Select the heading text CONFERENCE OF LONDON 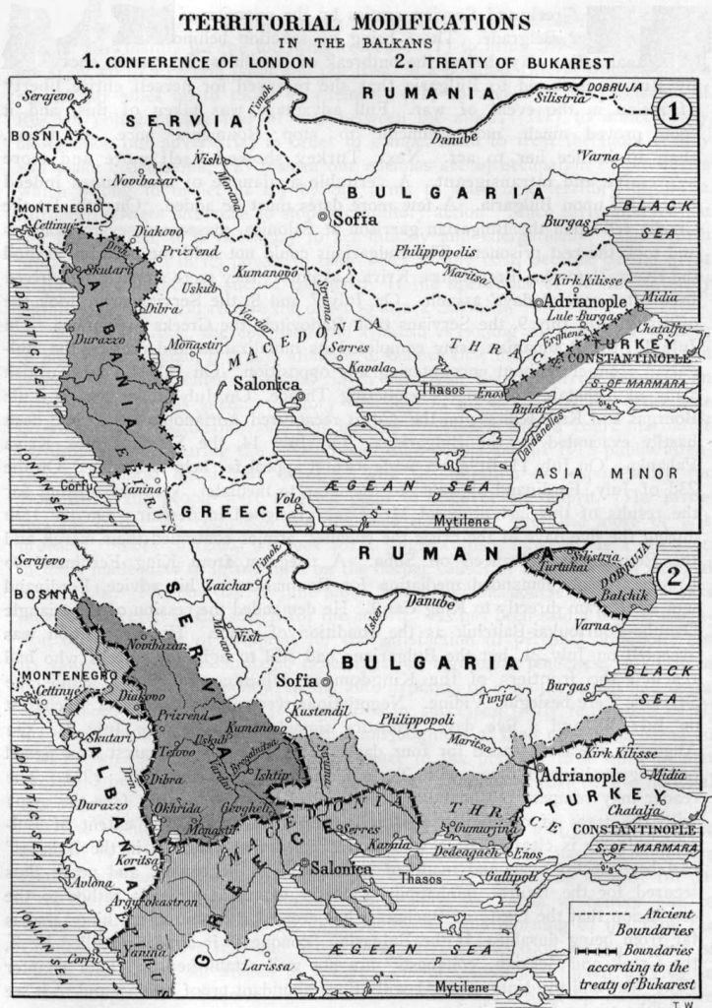pyautogui.click(x=210, y=61)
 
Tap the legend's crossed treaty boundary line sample pyautogui.click(x=585, y=951)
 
